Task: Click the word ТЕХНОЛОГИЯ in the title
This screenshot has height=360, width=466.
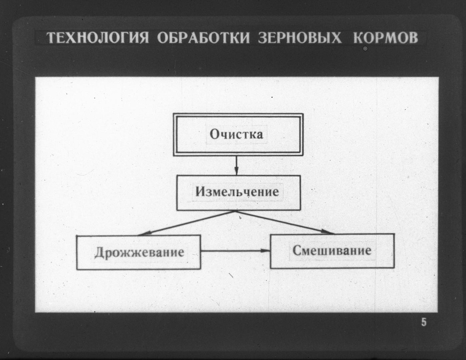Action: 98,38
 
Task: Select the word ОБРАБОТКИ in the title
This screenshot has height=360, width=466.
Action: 204,38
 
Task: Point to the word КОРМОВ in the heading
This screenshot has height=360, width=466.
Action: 386,38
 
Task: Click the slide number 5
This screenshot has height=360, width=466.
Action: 424,322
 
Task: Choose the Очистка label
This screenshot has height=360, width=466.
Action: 236,134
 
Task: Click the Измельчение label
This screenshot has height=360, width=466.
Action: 237,192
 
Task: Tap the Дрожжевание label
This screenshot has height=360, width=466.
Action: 139,252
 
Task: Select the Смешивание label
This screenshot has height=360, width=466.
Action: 332,250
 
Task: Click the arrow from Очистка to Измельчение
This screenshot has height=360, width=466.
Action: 236,166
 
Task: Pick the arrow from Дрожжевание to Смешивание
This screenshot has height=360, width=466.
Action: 235,250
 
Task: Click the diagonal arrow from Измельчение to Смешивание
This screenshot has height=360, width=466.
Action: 285,222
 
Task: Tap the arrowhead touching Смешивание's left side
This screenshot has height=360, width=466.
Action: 265,250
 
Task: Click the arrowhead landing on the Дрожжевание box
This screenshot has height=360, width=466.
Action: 144,234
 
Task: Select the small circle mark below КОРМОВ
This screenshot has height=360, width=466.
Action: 365,49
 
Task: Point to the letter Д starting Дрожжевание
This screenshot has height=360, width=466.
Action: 100,253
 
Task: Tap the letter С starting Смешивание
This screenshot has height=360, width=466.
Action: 297,250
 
